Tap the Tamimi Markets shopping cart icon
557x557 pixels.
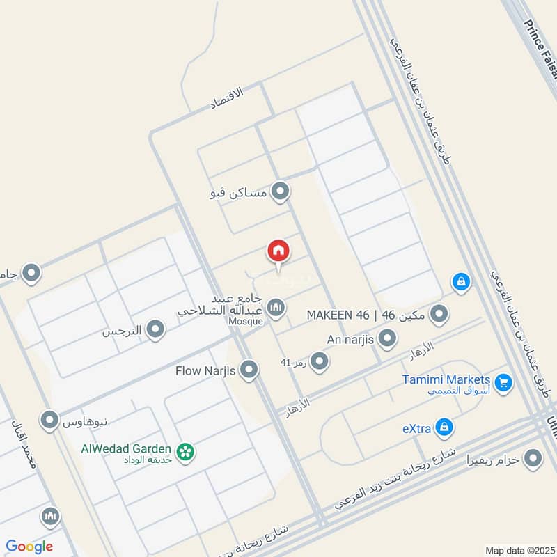[503, 382]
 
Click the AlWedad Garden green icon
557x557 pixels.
[185, 452]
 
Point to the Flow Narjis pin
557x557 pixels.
[249, 370]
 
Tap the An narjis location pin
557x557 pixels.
[387, 340]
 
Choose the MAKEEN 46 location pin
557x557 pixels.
[439, 315]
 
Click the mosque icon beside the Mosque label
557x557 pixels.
[276, 307]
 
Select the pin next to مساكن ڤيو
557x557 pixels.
[280, 191]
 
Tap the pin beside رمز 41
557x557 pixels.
[319, 361]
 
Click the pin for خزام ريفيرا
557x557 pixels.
[533, 458]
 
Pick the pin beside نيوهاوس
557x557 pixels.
[49, 421]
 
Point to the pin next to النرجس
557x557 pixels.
[155, 330]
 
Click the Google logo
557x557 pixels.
[30, 547]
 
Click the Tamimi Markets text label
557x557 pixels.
[446, 380]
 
